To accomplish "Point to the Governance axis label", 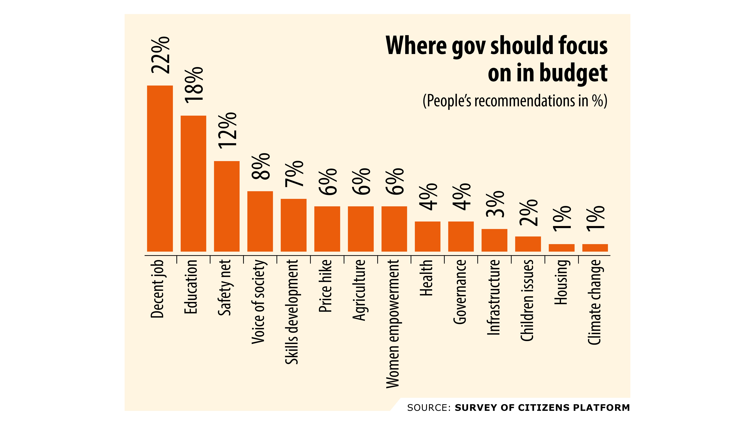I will (460, 292).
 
